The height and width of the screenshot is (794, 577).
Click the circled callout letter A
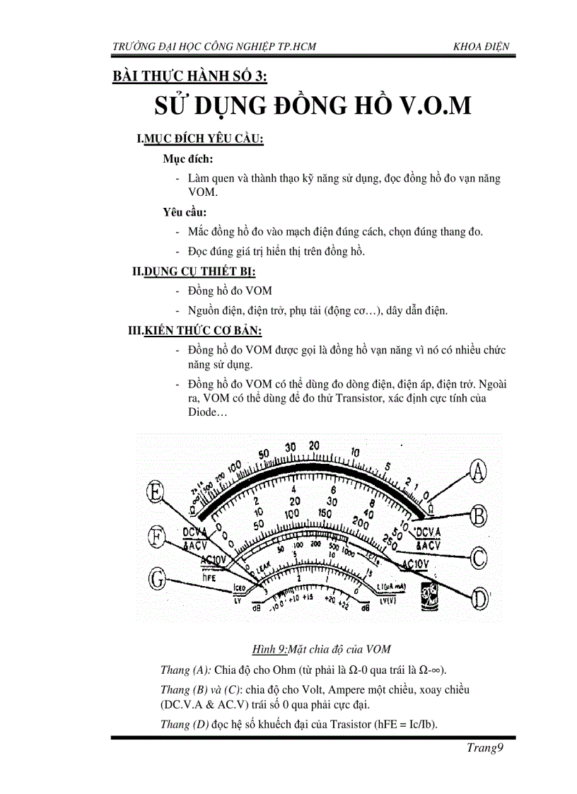[479, 471]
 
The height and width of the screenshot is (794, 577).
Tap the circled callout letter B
[479, 515]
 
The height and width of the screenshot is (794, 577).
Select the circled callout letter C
[479, 558]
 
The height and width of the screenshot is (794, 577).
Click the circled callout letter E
[156, 491]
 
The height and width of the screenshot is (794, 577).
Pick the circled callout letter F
[157, 537]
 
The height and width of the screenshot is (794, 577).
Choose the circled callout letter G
[157, 580]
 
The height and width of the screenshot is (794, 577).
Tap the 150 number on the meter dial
[325, 513]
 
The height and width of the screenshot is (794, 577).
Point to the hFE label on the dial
[209, 576]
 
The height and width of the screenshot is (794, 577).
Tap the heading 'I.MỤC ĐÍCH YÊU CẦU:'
[200, 140]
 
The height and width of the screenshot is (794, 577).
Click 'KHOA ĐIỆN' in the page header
[481, 47]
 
